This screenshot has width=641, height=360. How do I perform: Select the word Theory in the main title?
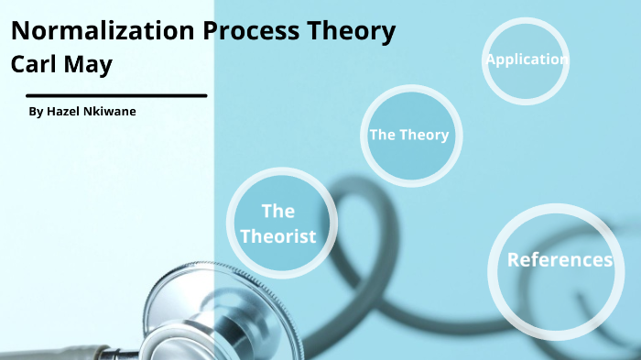(x=351, y=31)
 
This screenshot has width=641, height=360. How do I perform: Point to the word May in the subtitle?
(x=92, y=66)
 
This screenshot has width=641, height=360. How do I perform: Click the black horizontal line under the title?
(x=116, y=94)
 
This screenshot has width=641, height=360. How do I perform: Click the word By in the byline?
(x=36, y=112)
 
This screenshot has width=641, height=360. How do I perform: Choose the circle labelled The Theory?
(x=409, y=135)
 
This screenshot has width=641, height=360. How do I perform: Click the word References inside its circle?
(x=560, y=260)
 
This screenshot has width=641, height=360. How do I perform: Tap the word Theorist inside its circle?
(x=277, y=236)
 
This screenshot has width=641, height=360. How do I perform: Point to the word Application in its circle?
(x=527, y=60)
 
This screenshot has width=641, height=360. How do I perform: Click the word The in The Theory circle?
(x=382, y=135)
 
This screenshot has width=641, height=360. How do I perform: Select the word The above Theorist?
(x=277, y=212)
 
